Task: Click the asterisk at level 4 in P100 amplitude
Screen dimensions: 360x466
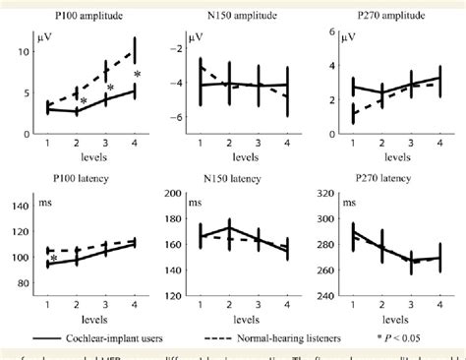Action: pos(138,75)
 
